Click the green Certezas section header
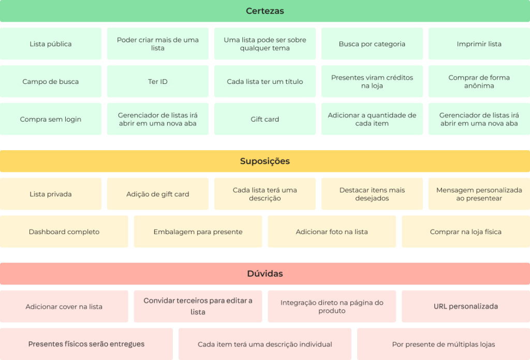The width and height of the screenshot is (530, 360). click(265, 11)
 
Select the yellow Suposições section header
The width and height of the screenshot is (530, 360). click(265, 161)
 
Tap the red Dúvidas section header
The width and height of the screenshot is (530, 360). click(265, 273)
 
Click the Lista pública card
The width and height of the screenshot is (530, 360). click(51, 44)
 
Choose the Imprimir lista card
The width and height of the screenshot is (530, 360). click(479, 44)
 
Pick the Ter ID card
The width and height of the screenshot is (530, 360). click(158, 81)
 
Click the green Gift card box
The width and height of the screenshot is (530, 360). click(265, 119)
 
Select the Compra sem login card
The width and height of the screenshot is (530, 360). click(51, 119)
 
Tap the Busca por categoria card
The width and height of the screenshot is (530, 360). click(372, 44)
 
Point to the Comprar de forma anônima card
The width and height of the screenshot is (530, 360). click(479, 81)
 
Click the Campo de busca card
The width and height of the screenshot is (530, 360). click(51, 81)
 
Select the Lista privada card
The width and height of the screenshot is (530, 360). click(51, 194)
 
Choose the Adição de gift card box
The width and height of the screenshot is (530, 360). click(158, 194)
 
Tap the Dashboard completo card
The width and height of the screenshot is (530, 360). click(64, 232)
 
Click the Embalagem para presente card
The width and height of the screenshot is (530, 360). click(198, 232)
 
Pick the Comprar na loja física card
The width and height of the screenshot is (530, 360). click(465, 232)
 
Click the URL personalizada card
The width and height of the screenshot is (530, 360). click(465, 306)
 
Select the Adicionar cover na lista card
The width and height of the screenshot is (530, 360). click(64, 306)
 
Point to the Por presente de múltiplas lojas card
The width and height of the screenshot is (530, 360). click(444, 344)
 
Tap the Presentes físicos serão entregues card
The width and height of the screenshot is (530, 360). click(86, 344)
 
